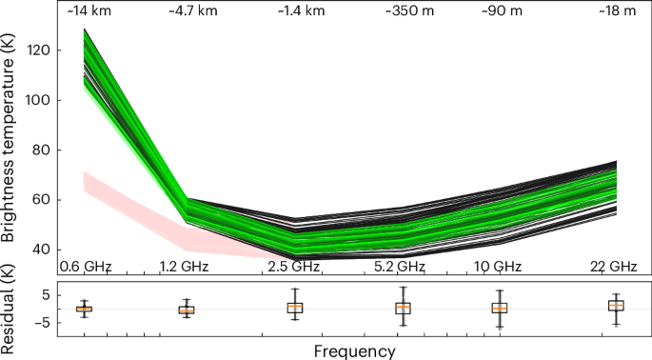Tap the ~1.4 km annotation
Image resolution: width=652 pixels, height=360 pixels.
[295, 11]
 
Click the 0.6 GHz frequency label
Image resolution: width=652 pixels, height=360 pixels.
[87, 266]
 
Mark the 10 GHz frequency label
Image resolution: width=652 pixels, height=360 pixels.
[500, 266]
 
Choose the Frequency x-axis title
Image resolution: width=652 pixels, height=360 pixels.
[354, 350]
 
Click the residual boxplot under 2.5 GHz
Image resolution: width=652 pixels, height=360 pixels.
[295, 307]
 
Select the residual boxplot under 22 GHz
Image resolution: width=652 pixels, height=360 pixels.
[617, 306]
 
